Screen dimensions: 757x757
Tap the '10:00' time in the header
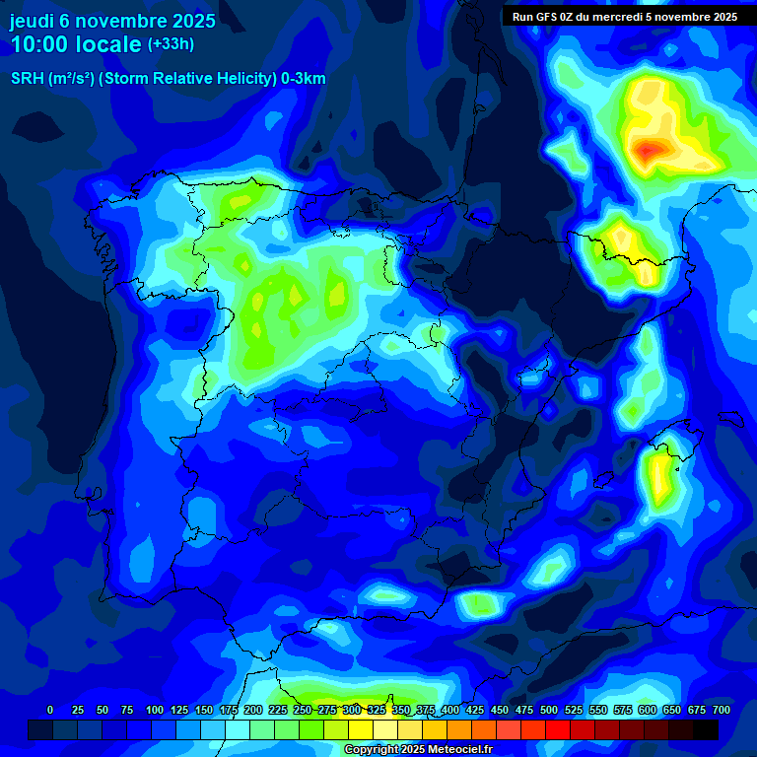(x=43, y=45)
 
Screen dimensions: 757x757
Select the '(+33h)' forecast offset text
(x=171, y=44)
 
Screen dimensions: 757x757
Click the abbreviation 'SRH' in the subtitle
(x=27, y=79)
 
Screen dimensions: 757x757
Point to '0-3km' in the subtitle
(x=304, y=79)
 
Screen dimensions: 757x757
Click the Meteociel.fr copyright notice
(x=418, y=750)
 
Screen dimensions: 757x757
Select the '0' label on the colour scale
(x=50, y=710)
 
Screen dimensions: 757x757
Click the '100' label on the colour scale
(x=155, y=710)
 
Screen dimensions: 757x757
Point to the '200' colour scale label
(x=253, y=710)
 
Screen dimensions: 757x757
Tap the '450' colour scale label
(x=500, y=710)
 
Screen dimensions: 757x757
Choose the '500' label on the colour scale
(x=549, y=710)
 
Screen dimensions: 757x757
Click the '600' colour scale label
(x=648, y=710)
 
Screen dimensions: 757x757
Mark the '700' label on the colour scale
(x=722, y=710)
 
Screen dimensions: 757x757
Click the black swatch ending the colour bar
(x=706, y=729)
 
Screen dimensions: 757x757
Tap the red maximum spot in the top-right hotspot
(x=649, y=151)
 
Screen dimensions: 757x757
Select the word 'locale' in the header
(x=108, y=45)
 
